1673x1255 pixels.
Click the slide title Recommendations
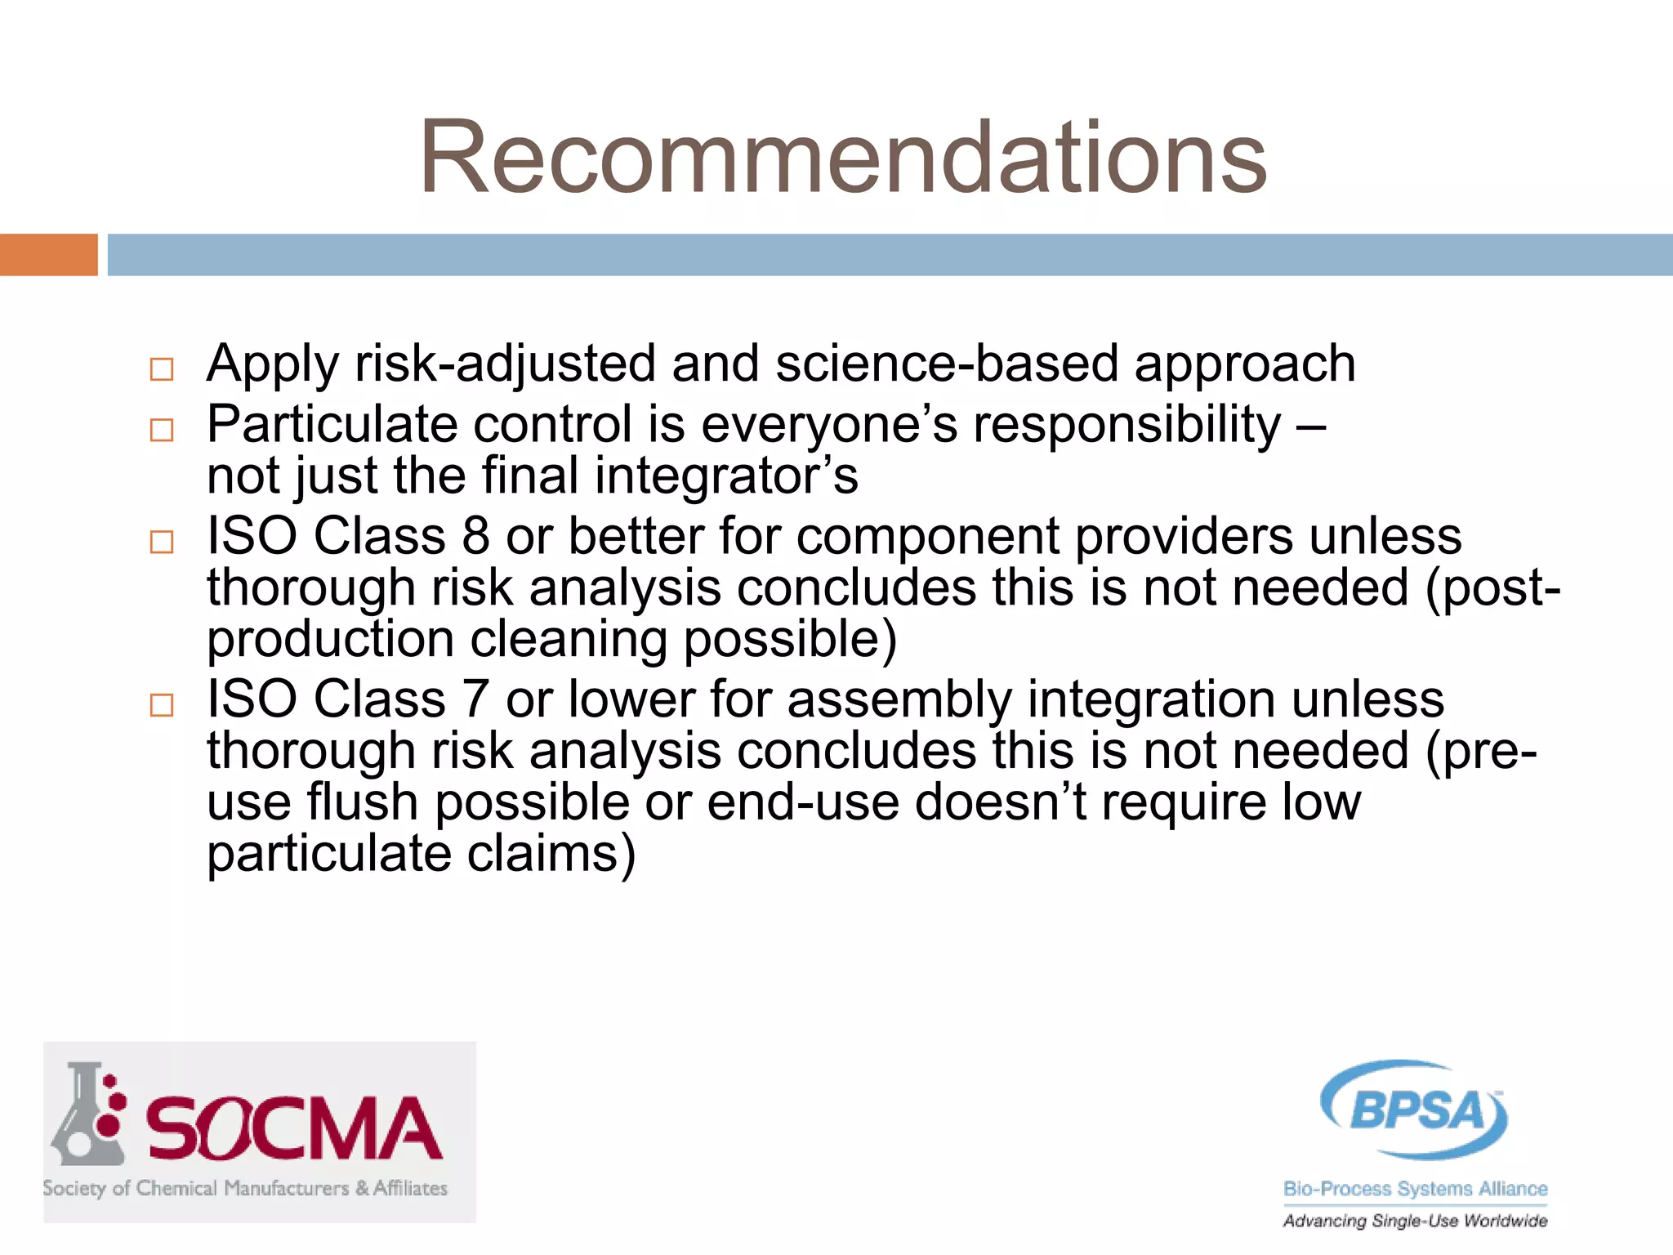click(842, 157)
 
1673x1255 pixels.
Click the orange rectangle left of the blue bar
click(48, 255)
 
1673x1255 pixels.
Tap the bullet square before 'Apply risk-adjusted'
click(162, 369)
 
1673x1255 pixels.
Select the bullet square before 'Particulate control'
click(162, 430)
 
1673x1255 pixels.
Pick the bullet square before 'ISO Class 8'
click(162, 542)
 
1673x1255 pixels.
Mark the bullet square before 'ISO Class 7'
click(162, 704)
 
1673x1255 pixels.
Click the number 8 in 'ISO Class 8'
click(475, 537)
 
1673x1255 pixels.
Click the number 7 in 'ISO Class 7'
click(475, 700)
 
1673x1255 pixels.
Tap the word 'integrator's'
click(726, 476)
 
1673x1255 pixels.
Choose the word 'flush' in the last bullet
click(363, 802)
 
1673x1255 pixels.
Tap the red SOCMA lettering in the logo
click(294, 1129)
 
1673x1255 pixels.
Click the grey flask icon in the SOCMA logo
click(87, 1116)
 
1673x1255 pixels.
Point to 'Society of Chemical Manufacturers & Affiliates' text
click(245, 1188)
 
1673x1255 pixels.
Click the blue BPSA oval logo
click(1415, 1110)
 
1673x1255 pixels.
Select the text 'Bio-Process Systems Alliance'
click(1415, 1189)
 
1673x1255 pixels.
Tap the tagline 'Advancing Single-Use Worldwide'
click(1415, 1221)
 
